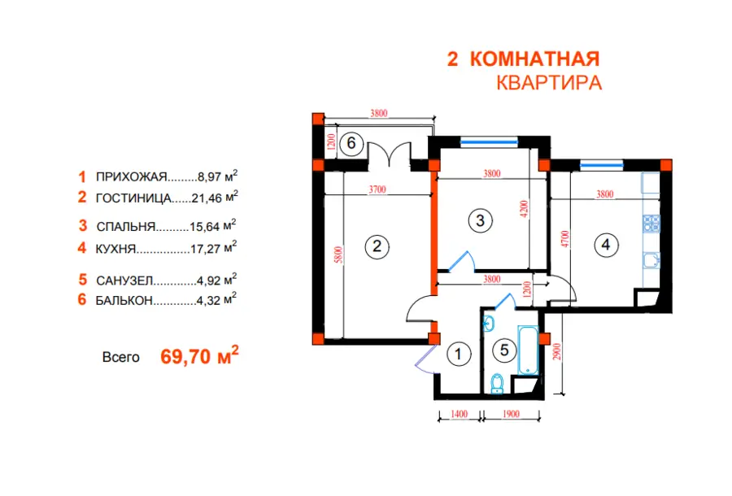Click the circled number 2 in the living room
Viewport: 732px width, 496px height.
click(377, 246)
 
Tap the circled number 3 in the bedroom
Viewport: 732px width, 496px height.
click(481, 220)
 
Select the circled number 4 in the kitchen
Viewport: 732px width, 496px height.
click(605, 245)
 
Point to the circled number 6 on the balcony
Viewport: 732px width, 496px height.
click(351, 143)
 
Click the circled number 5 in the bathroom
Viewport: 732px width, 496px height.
click(504, 350)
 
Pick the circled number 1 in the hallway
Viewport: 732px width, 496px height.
click(459, 355)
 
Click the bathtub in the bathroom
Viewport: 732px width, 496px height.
click(528, 350)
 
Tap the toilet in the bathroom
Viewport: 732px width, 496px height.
click(498, 383)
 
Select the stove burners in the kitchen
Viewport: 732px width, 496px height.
click(651, 223)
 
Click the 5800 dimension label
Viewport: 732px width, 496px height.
click(339, 255)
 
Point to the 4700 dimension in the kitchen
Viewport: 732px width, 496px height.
click(565, 239)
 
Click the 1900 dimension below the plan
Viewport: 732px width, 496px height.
click(512, 414)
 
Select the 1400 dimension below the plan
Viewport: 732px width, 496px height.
click(459, 414)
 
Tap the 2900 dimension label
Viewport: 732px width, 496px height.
click(556, 352)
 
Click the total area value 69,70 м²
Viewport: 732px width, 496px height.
click(199, 356)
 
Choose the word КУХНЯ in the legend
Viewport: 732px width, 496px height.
click(115, 249)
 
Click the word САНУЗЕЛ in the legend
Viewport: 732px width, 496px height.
click(124, 281)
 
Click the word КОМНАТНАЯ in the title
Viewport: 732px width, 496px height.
click(534, 59)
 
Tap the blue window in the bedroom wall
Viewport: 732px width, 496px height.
click(490, 141)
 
